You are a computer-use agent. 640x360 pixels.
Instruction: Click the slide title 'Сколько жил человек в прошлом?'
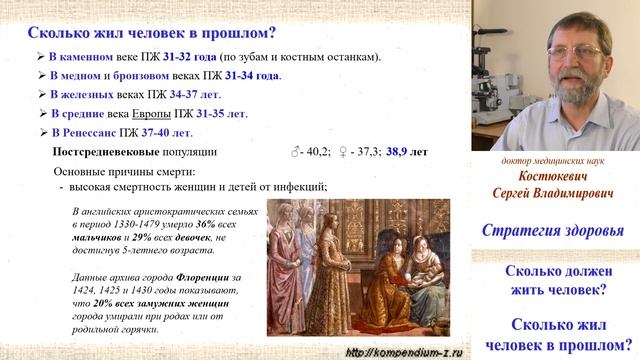click(x=140, y=31)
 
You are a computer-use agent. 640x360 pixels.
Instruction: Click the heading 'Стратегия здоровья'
click(x=553, y=231)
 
